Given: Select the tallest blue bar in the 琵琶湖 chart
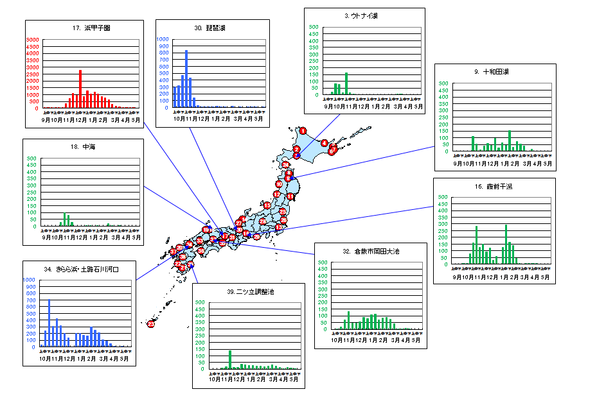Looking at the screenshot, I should pos(186,78).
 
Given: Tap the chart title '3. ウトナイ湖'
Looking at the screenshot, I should pos(365,15).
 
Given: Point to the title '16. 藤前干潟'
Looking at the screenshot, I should pos(494,186).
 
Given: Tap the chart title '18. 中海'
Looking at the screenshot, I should pos(83,147).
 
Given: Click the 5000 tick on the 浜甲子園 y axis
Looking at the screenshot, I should pos(33,40).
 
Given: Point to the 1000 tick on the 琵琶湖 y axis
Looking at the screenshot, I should pos(163,40).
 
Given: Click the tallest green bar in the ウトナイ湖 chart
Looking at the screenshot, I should pos(346,83).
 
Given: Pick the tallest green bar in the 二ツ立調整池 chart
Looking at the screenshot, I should pos(230,359).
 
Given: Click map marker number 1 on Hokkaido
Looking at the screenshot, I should pos(303,131).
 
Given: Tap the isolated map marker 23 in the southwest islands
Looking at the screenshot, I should pos(150,324).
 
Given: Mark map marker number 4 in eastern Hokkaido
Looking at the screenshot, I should pos(325,142).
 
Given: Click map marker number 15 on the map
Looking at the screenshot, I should pos(267,205).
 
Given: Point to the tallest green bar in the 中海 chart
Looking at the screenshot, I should pos(65,219).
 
